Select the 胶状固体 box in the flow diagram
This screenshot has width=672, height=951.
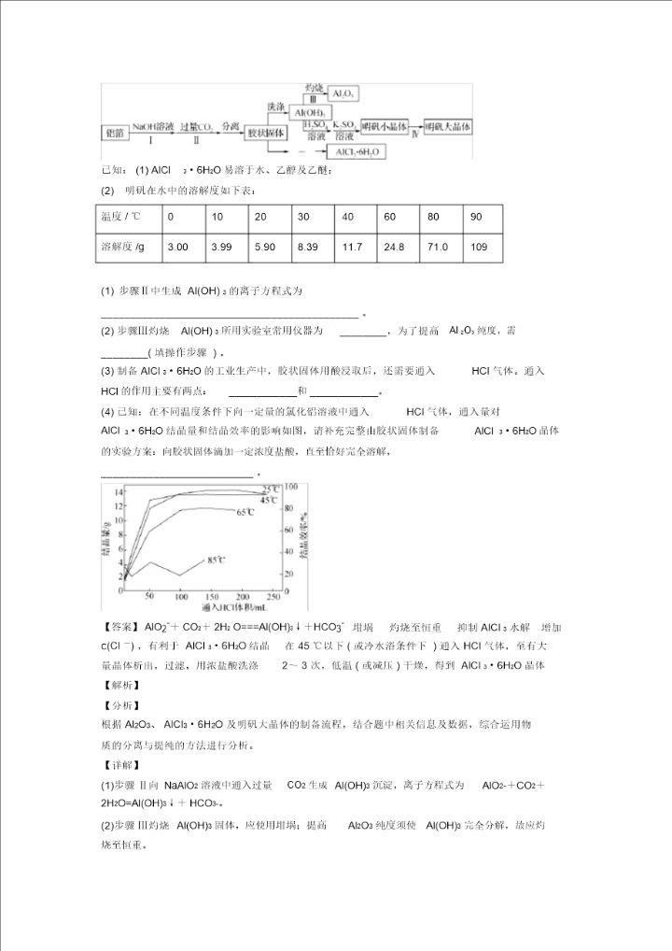(265, 134)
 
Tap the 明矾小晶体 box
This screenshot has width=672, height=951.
(384, 126)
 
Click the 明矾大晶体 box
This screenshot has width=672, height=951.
(448, 126)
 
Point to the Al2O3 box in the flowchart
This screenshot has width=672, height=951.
(343, 94)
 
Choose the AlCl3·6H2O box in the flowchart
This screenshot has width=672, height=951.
(357, 151)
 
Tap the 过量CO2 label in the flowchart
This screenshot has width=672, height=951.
(196, 126)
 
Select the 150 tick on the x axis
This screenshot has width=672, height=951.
(212, 596)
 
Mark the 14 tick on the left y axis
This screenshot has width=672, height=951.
(119, 490)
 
